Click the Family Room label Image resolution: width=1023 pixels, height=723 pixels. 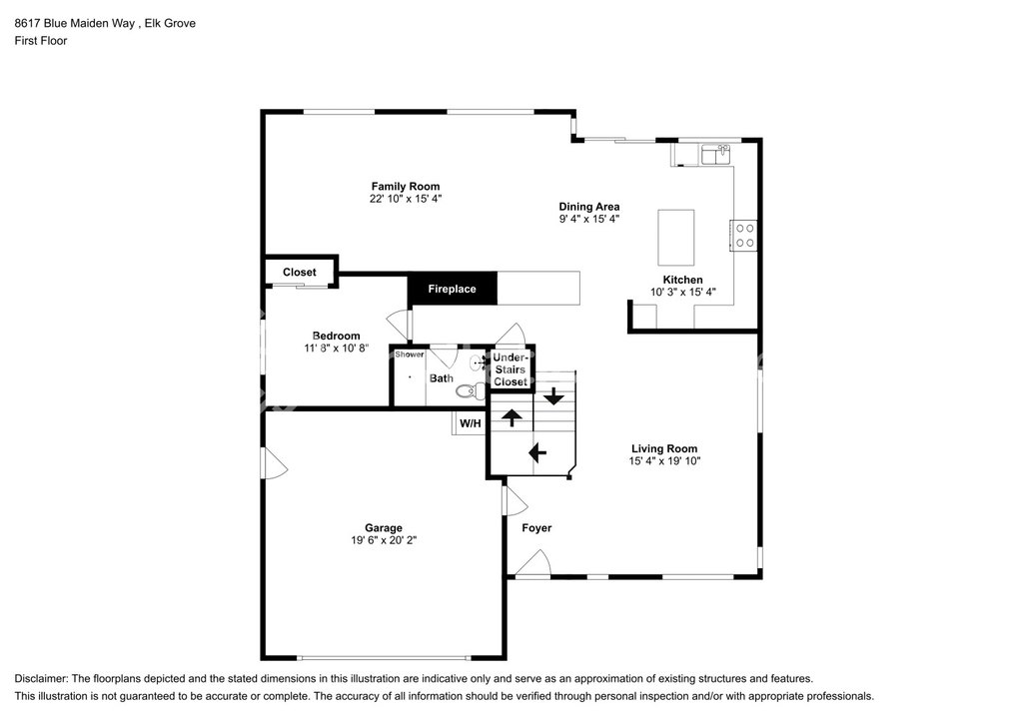tap(406, 187)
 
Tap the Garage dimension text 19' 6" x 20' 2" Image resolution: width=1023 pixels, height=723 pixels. tap(384, 540)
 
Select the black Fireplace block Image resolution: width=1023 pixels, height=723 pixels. tap(453, 289)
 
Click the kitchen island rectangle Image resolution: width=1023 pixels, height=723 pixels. tap(676, 238)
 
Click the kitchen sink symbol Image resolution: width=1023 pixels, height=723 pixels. tap(715, 155)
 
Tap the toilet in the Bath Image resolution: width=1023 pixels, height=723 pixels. tap(470, 391)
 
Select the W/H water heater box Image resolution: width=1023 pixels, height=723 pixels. tap(470, 423)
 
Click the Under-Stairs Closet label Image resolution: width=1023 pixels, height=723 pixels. tap(511, 369)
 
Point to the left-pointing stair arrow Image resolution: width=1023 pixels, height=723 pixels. tap(536, 451)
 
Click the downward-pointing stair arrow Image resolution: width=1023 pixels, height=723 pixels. tap(553, 395)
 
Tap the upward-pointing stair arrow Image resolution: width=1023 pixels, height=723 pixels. tap(511, 417)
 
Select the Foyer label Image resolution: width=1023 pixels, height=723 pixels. tap(536, 528)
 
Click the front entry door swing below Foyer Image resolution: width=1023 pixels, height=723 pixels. tap(533, 563)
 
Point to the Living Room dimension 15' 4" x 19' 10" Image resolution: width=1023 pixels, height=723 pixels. tap(664, 461)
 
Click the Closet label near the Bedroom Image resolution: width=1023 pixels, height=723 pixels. tap(300, 273)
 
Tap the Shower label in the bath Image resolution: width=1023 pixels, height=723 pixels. tap(409, 354)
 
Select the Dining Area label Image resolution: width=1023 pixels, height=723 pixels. tap(589, 207)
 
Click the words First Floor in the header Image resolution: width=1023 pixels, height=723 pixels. tap(41, 40)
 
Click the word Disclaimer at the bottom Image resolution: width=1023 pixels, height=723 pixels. tap(40, 679)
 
